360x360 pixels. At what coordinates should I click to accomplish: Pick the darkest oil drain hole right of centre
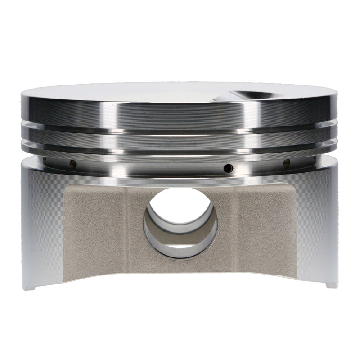pyautogui.click(x=229, y=168)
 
